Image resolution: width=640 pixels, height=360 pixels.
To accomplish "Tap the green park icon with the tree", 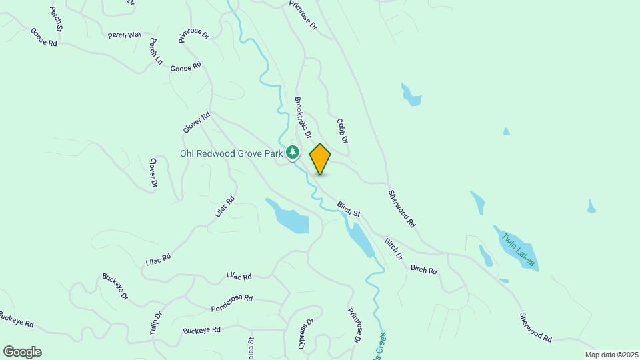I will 293,153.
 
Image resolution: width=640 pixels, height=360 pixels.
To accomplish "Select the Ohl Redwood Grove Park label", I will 231,153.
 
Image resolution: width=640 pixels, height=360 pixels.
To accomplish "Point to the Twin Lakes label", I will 518,249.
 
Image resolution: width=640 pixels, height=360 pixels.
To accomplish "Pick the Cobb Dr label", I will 343,131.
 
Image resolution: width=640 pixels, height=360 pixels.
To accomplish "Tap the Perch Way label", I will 126,34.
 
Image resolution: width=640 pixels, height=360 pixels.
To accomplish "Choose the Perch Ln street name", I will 156,51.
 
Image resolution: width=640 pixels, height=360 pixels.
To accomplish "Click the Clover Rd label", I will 197,122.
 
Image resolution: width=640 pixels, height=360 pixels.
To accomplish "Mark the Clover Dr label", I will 153,172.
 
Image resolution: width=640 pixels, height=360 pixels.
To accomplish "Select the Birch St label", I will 348,209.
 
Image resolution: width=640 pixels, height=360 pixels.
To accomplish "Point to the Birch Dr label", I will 393,248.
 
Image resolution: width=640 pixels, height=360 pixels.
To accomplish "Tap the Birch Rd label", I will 423,270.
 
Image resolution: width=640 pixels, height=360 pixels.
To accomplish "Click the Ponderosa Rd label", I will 231,303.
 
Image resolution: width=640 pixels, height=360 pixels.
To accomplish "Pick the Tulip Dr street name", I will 156,324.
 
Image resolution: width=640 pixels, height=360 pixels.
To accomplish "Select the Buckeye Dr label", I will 115,286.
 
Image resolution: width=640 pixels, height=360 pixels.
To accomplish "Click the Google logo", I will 22,352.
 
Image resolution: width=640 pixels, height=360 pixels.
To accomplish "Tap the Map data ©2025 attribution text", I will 610,355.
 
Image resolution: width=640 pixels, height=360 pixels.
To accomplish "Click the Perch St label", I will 56,19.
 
